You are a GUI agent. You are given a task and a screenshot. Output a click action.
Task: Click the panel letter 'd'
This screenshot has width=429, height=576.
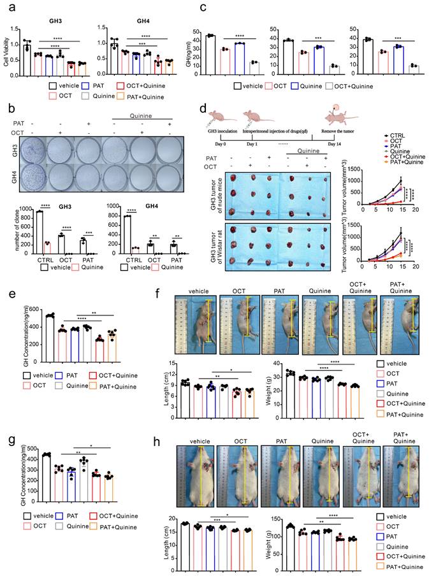tap(203, 103)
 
